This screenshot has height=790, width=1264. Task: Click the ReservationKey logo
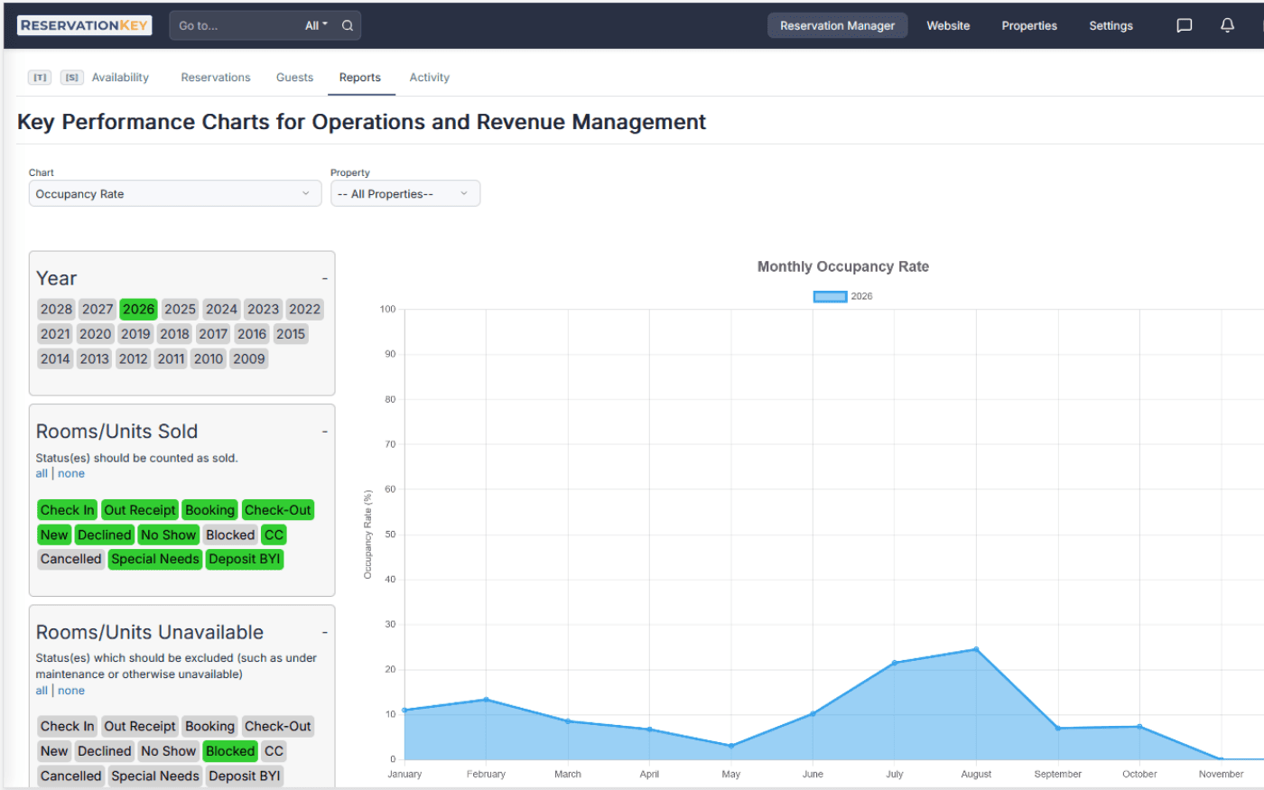(x=84, y=25)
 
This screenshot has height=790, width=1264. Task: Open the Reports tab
(x=359, y=78)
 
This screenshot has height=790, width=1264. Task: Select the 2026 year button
(x=138, y=309)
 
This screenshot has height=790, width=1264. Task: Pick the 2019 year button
(x=135, y=334)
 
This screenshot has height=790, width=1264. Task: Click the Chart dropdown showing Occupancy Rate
(x=174, y=194)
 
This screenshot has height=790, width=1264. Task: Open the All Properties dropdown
(x=404, y=194)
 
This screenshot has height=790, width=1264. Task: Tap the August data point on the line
(x=976, y=649)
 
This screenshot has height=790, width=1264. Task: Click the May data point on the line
(x=731, y=746)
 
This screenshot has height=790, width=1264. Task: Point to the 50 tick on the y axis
(x=390, y=534)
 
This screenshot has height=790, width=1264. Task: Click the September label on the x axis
(x=1057, y=774)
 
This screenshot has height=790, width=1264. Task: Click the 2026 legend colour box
(x=830, y=296)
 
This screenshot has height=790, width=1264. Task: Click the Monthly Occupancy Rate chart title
(x=842, y=266)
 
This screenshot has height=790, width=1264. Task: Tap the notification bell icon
(x=1227, y=25)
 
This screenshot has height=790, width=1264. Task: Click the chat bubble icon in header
(x=1184, y=25)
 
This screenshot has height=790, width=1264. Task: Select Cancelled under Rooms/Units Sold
(x=70, y=559)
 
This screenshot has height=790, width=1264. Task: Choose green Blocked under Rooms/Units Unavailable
(x=230, y=751)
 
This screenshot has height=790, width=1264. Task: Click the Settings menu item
(x=1111, y=25)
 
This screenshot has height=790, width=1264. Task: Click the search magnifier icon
(x=348, y=25)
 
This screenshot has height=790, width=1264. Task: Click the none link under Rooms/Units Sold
(x=71, y=473)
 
